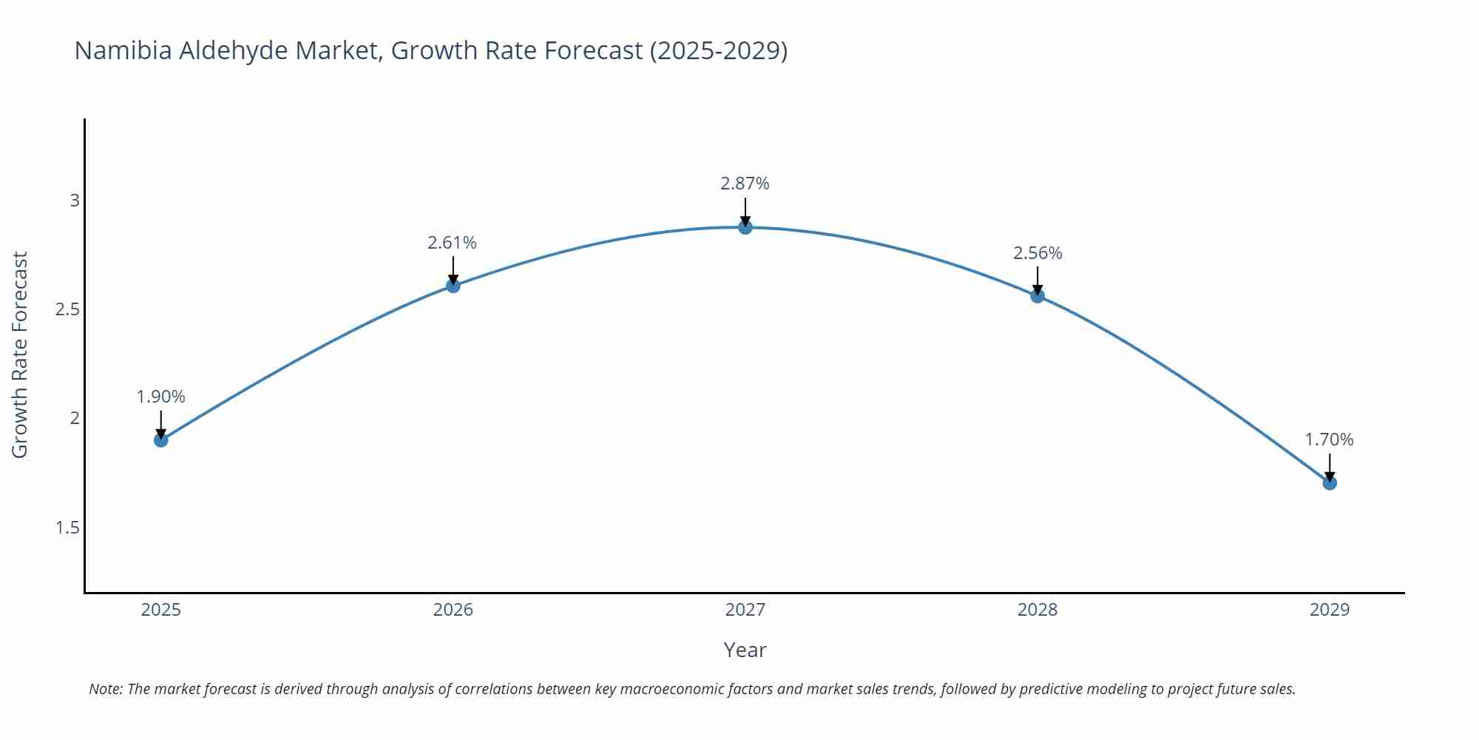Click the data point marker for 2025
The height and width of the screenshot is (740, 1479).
[161, 440]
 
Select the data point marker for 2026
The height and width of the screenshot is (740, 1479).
[453, 286]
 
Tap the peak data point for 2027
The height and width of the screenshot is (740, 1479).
[745, 227]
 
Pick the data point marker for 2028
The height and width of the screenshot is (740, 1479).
[1038, 296]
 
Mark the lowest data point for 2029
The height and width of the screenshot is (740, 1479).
[1330, 483]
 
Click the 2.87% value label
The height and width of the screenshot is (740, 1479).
[745, 184]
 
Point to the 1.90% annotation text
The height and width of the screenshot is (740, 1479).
[160, 397]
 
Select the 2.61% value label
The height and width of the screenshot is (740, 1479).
[452, 243]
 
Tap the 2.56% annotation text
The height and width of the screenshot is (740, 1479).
[1038, 253]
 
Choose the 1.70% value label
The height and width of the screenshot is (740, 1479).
[1329, 440]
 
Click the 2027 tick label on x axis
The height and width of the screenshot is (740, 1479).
[745, 610]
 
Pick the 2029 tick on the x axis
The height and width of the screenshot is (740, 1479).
[1329, 610]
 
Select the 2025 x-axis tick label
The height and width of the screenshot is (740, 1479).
[160, 610]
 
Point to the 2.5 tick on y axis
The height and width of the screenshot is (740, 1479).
[67, 309]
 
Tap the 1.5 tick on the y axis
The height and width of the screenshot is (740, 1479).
[67, 528]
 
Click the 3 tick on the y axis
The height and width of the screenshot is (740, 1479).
[74, 201]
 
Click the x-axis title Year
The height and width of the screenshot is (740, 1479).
[745, 650]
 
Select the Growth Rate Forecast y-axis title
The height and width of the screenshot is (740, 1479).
[20, 354]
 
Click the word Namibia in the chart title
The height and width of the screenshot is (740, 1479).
[123, 50]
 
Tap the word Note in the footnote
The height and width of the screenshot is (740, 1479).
[105, 689]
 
